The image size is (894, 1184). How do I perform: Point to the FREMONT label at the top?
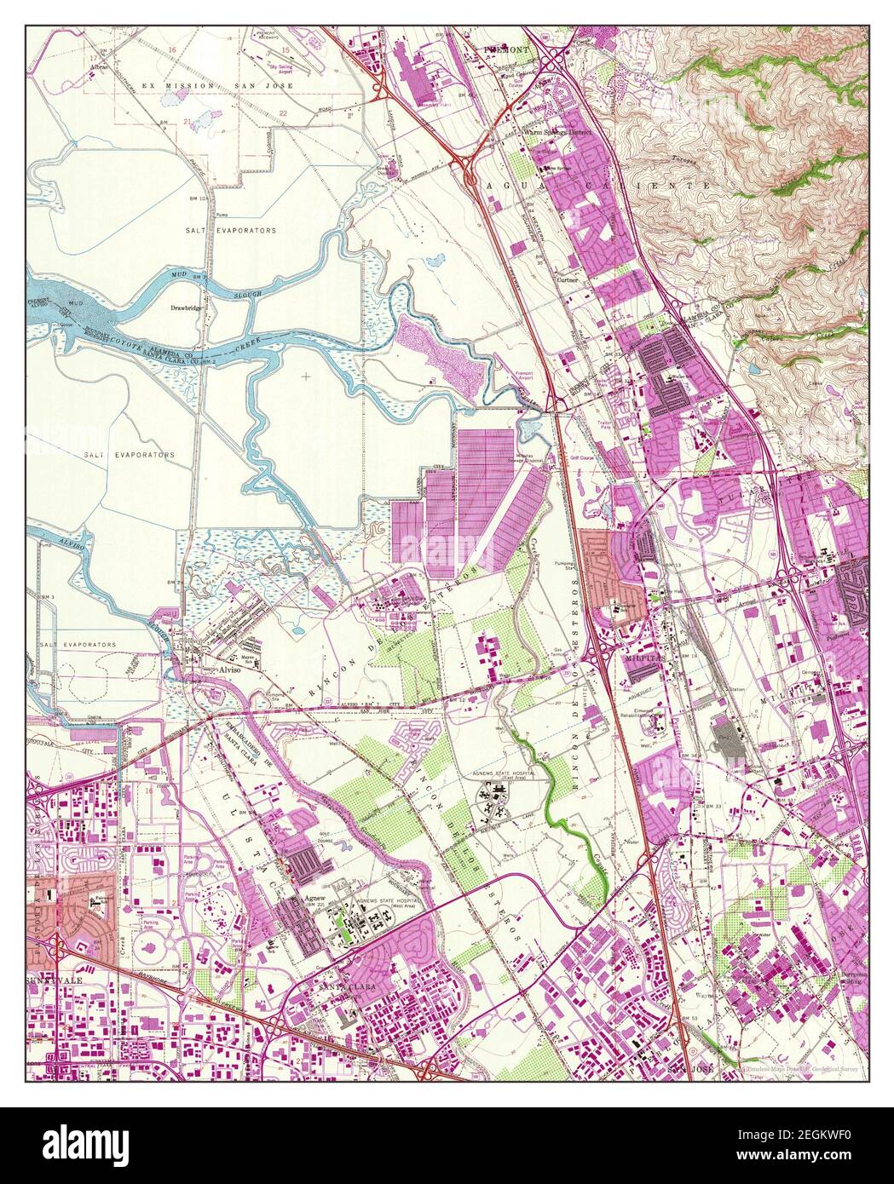(507, 50)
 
